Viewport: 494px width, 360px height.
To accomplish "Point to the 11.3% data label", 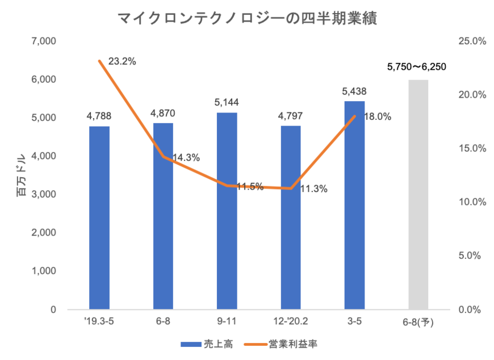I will coord(313,190).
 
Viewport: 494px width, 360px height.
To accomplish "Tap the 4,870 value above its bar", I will coord(163,113).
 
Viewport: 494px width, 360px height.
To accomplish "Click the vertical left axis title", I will coord(19,175).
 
